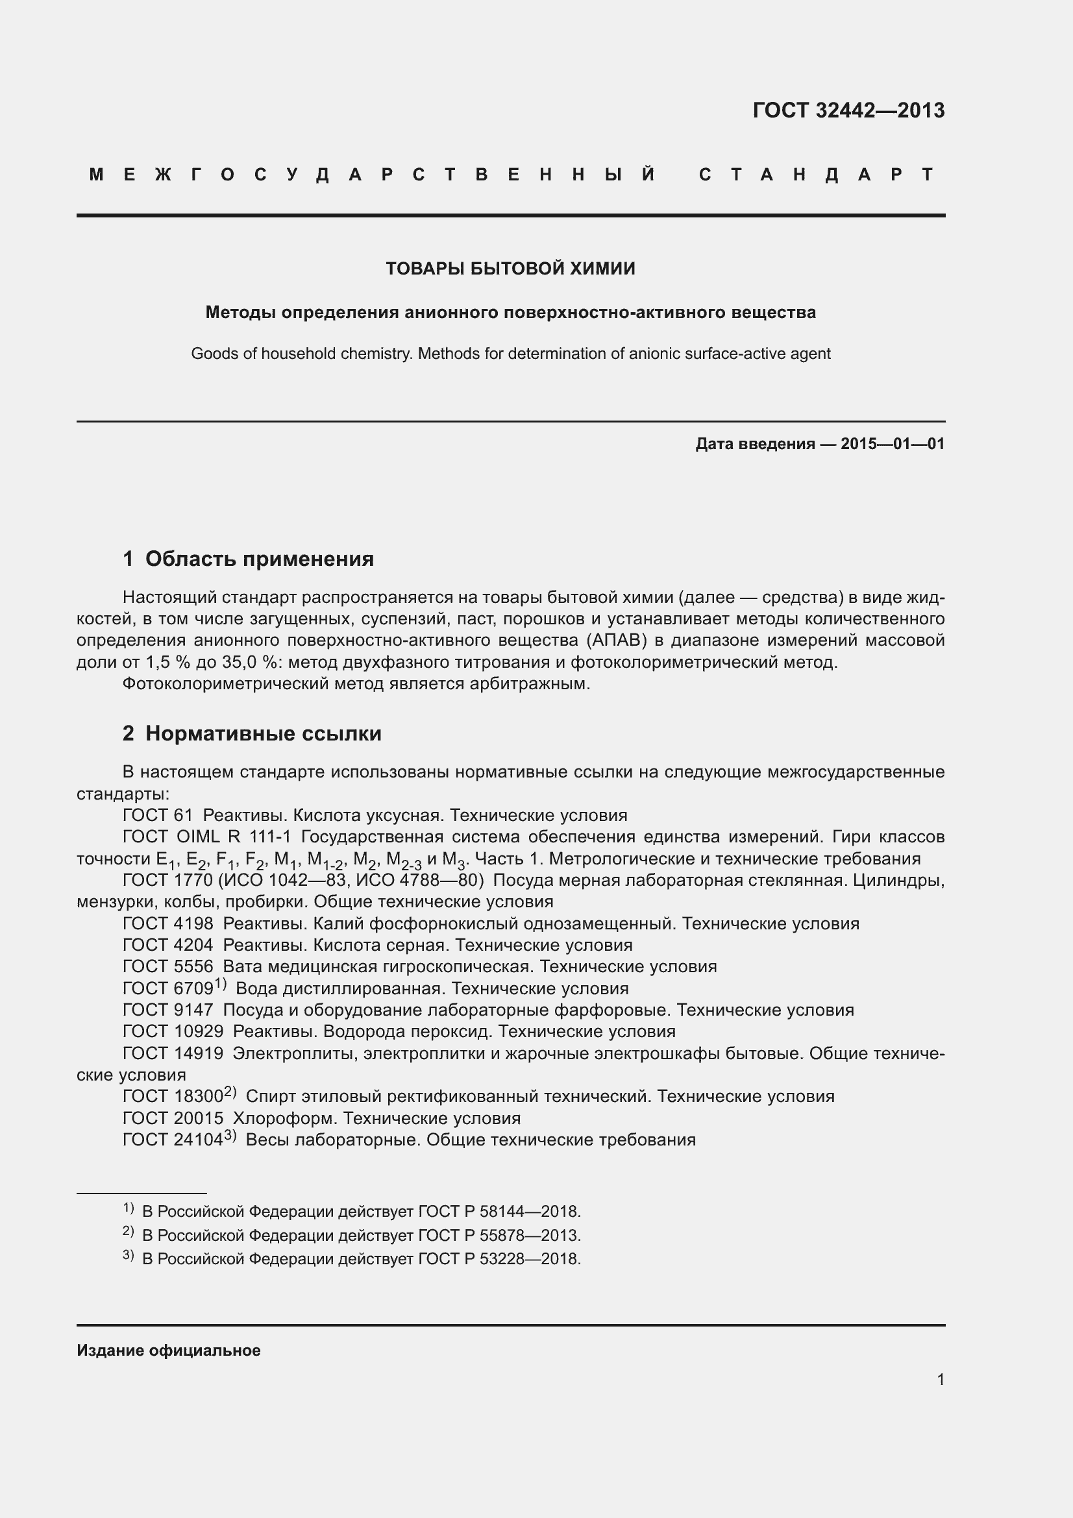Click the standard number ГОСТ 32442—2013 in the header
click(848, 110)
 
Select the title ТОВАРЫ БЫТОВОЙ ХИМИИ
click(510, 269)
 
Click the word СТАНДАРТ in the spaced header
click(816, 175)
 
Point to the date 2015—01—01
click(893, 444)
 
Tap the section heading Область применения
click(259, 559)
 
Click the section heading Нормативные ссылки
click(263, 733)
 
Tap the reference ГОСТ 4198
click(168, 924)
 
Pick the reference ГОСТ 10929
click(173, 1031)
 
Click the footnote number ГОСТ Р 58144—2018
click(499, 1211)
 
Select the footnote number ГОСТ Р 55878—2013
click(499, 1235)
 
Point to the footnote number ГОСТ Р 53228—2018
click(499, 1259)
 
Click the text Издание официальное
click(169, 1351)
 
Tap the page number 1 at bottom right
click(940, 1380)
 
